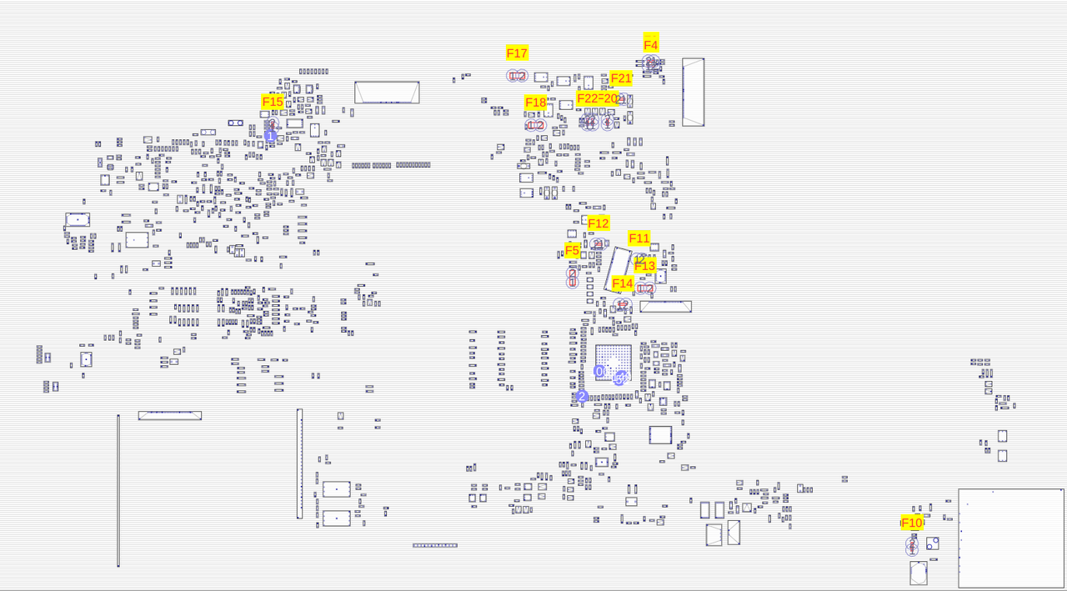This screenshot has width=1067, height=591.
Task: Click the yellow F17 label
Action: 517,53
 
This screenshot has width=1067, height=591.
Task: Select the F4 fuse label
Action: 651,45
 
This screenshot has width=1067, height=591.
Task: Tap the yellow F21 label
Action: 622,78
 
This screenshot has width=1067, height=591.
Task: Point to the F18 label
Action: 535,103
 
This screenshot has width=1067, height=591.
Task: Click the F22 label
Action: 587,98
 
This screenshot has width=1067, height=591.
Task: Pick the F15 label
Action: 273,102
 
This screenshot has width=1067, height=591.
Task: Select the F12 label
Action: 599,223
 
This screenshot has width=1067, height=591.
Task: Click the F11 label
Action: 639,238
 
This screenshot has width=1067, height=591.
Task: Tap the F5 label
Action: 572,250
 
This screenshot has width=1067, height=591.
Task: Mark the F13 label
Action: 645,266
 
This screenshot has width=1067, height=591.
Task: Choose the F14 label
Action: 623,283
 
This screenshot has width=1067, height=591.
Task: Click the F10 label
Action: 912,523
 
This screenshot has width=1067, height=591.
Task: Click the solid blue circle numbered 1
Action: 270,136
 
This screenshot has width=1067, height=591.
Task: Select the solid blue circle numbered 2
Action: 582,397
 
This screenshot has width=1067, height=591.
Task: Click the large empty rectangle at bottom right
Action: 1011,538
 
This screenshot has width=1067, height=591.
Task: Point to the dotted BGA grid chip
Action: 614,363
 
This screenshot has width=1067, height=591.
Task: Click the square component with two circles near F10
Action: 933,543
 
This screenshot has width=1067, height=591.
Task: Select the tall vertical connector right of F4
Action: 693,92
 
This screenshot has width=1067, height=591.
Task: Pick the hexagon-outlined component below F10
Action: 918,573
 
